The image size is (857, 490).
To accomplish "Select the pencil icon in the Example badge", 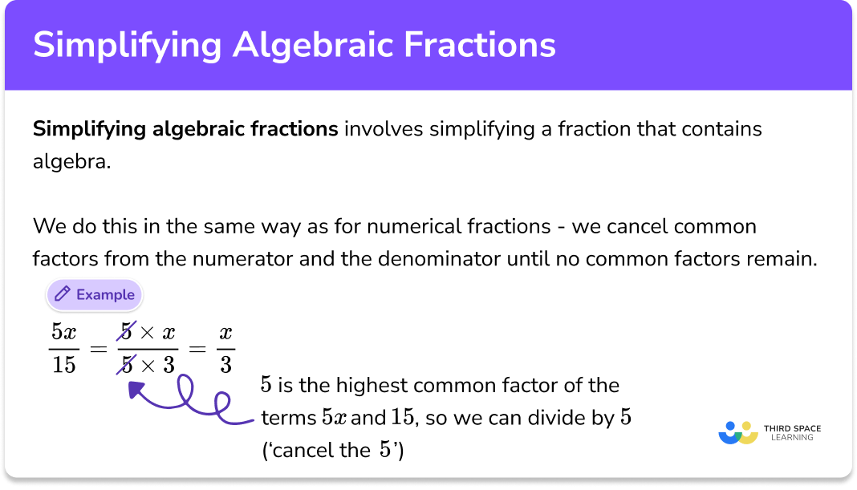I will click(61, 295).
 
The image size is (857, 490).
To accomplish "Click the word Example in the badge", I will click(105, 295).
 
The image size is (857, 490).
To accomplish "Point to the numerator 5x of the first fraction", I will click(63, 331).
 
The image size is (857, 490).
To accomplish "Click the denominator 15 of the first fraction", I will click(63, 365).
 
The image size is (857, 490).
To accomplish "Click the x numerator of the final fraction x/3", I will click(225, 331).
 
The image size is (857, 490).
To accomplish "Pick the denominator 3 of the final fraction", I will click(225, 365).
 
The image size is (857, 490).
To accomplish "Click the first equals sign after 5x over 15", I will click(97, 349).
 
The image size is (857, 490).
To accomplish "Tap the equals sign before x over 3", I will click(198, 349).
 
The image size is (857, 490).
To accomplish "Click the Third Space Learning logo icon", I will click(737, 432).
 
